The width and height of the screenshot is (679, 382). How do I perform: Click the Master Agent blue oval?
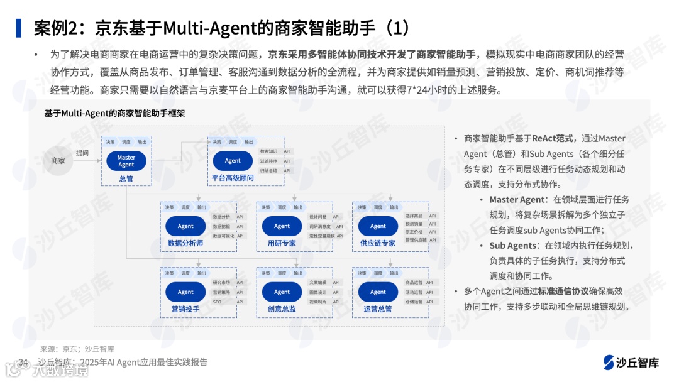126,161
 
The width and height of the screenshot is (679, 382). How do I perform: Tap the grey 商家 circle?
58,161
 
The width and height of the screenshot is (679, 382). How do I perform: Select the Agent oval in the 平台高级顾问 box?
233,161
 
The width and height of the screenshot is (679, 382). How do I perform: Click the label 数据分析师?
185,243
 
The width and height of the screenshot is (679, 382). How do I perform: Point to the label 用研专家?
282,243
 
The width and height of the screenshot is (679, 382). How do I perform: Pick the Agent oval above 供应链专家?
378,226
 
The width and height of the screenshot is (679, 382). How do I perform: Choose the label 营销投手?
185,309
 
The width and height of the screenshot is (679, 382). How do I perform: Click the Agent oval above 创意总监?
282,292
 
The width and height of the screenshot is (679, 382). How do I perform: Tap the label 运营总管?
378,309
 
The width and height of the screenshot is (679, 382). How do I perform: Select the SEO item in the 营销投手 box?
217,302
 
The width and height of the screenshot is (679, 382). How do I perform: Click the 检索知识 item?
268,151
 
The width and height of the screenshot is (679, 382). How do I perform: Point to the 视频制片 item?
317,302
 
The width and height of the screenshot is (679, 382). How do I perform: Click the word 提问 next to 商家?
82,153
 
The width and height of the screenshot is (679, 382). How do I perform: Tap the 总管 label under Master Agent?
126,178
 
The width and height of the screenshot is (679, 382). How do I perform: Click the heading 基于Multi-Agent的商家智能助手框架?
114,114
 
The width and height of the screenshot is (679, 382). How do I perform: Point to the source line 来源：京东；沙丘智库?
77,349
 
